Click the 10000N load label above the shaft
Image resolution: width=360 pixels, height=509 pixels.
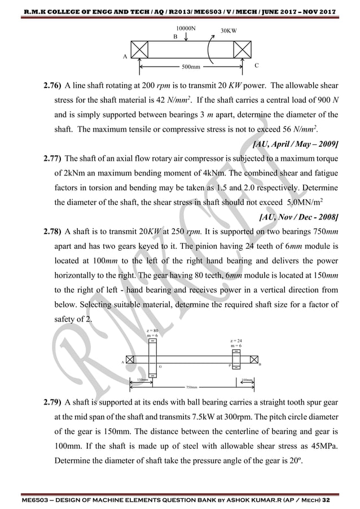click(x=186, y=28)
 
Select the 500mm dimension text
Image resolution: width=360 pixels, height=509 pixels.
click(x=191, y=67)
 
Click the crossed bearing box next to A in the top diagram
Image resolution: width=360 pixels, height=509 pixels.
click(x=139, y=49)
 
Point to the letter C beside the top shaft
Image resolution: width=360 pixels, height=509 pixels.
click(x=257, y=65)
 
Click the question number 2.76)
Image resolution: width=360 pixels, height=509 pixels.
click(x=53, y=86)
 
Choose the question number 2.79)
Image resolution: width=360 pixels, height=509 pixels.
click(x=53, y=403)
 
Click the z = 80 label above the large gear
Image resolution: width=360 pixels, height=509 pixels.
click(x=152, y=330)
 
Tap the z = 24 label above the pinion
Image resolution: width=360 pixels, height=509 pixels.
click(x=236, y=341)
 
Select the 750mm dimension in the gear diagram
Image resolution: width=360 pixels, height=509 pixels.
click(x=194, y=388)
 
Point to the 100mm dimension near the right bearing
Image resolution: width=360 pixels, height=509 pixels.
click(x=247, y=380)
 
